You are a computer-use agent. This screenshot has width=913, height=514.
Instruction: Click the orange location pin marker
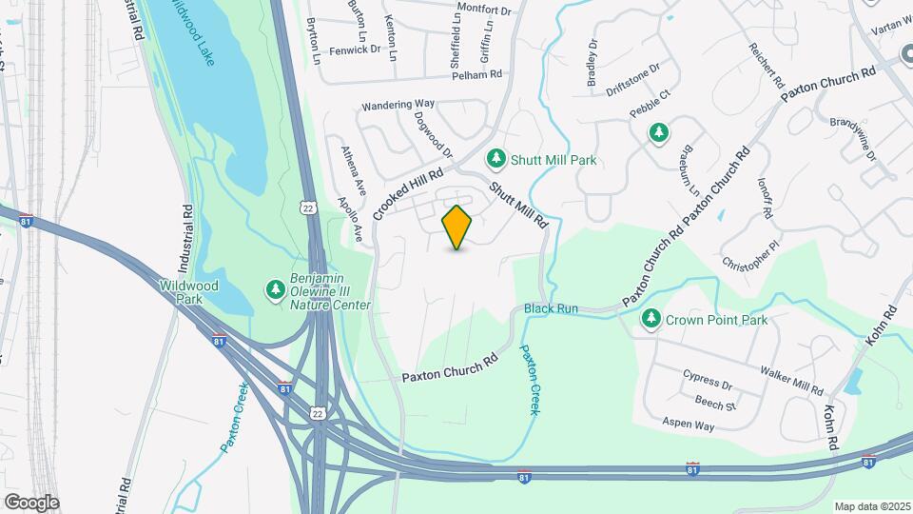[x=457, y=227]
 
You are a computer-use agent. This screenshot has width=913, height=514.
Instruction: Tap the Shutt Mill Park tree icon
[x=495, y=159]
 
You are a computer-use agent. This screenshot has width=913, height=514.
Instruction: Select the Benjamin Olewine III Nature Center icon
[x=276, y=288]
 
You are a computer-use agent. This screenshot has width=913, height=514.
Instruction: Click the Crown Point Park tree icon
[x=651, y=319]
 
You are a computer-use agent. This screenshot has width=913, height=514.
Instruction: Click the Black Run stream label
[x=551, y=309]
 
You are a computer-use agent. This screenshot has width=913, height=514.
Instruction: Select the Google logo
[x=31, y=503]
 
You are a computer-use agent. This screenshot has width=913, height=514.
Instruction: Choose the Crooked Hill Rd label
[x=409, y=193]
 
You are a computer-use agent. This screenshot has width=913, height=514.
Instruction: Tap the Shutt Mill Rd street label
[x=519, y=203]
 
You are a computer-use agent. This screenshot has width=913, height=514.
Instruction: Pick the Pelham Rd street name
[x=476, y=74]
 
